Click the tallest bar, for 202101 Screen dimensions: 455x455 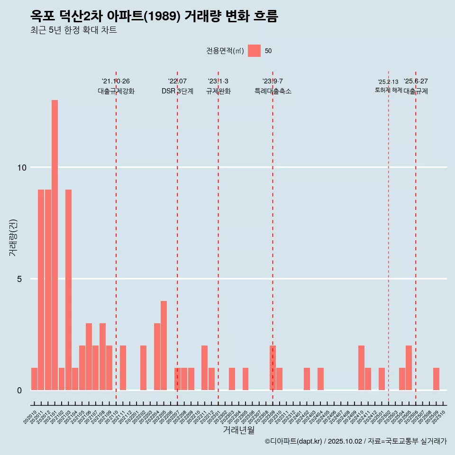pyautogui.click(x=55, y=245)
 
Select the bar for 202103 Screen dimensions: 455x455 pyautogui.click(x=68, y=290)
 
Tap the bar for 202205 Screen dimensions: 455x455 pyautogui.click(x=164, y=346)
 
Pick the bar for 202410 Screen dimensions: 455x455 pyautogui.click(x=361, y=368)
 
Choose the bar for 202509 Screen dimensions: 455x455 pyautogui.click(x=436, y=379)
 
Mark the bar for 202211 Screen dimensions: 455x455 pyautogui.click(x=204, y=368)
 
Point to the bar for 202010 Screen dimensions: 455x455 pyautogui.click(x=34, y=379)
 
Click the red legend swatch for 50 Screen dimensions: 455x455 pyautogui.click(x=254, y=51)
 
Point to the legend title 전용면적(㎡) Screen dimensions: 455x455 pyautogui.click(x=225, y=51)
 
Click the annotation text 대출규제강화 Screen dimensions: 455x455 pyautogui.click(x=116, y=91)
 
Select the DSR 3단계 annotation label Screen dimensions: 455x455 pyautogui.click(x=177, y=91)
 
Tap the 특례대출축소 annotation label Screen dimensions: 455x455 pyautogui.click(x=273, y=91)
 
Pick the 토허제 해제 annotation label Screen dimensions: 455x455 pyautogui.click(x=388, y=90)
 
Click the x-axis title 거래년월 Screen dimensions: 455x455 pyautogui.click(x=238, y=430)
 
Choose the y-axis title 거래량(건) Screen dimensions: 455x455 pyautogui.click(x=13, y=237)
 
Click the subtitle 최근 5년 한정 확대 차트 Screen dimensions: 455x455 pyautogui.click(x=73, y=30)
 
